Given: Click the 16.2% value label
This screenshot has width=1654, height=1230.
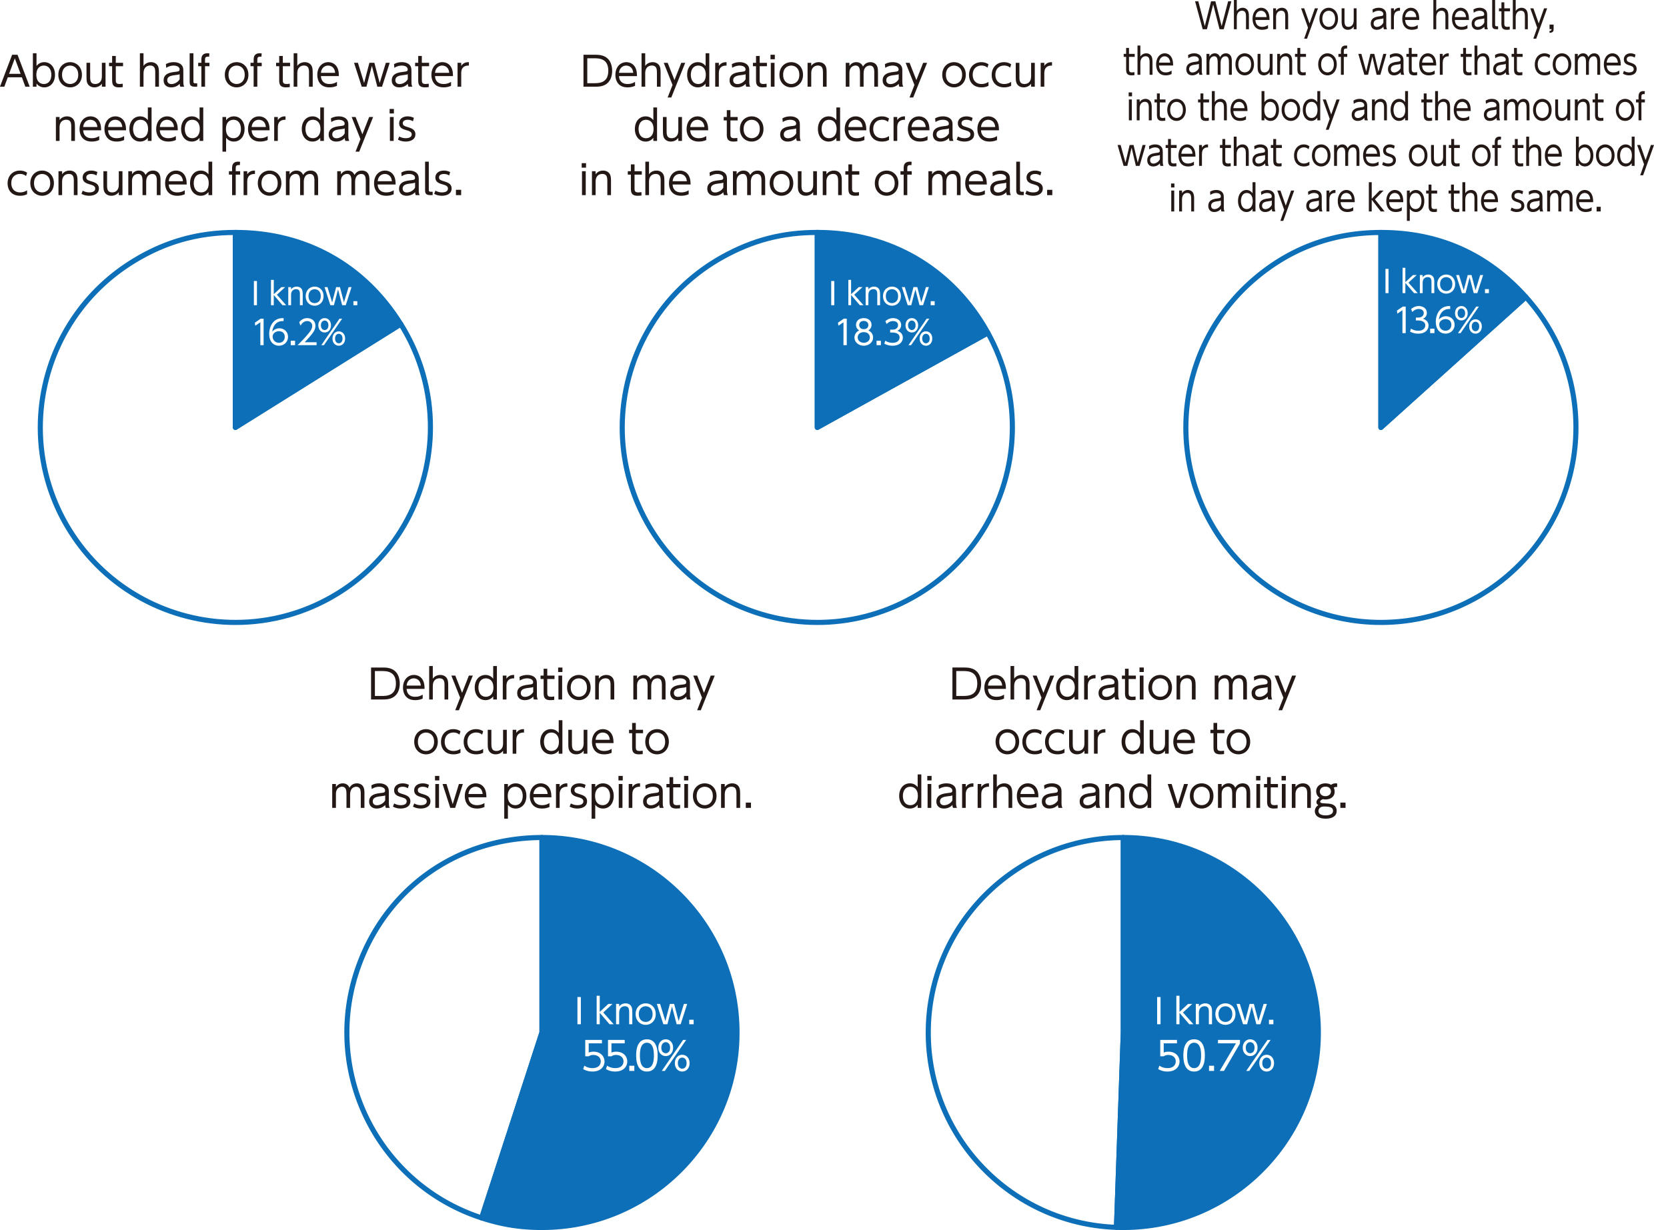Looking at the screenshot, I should (x=299, y=333).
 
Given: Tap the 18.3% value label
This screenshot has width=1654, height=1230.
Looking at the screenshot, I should (x=884, y=333).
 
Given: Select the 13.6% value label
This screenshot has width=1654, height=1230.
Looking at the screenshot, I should (x=1438, y=321).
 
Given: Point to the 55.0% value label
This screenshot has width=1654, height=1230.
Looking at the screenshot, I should (x=635, y=1057).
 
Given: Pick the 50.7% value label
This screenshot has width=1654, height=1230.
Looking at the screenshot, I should (x=1215, y=1057).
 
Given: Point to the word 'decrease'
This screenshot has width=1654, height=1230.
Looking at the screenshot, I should (x=908, y=127).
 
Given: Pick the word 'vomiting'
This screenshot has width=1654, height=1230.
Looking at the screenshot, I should (x=1257, y=795).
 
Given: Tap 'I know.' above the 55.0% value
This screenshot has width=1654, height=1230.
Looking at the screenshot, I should (x=634, y=1011).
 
